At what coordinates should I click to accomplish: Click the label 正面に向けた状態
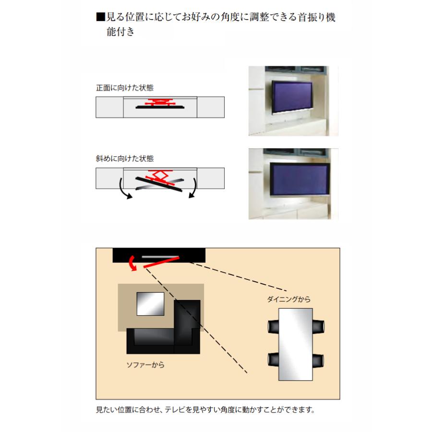point(125,88)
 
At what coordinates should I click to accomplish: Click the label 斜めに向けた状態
point(125,157)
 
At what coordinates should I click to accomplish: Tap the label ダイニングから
point(289,300)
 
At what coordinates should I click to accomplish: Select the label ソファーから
point(145,365)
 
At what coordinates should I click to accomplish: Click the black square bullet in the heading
point(100,18)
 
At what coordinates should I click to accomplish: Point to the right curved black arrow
point(193,189)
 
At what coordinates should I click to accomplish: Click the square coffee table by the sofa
point(151,303)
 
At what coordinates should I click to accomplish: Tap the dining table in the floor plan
point(295,344)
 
